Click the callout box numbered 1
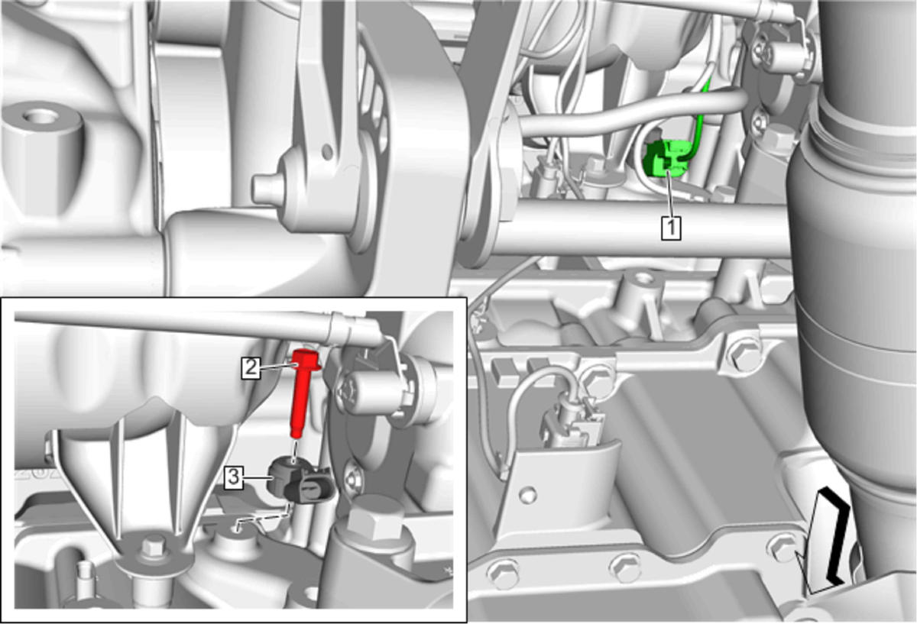click(672, 228)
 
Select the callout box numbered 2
click(251, 367)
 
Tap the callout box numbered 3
click(233, 477)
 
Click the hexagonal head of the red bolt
click(306, 359)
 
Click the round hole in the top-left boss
click(39, 117)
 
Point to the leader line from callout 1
click(669, 193)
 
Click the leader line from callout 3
click(257, 478)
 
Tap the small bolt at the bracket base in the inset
click(154, 545)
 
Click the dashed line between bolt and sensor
click(293, 448)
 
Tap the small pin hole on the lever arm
click(327, 151)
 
